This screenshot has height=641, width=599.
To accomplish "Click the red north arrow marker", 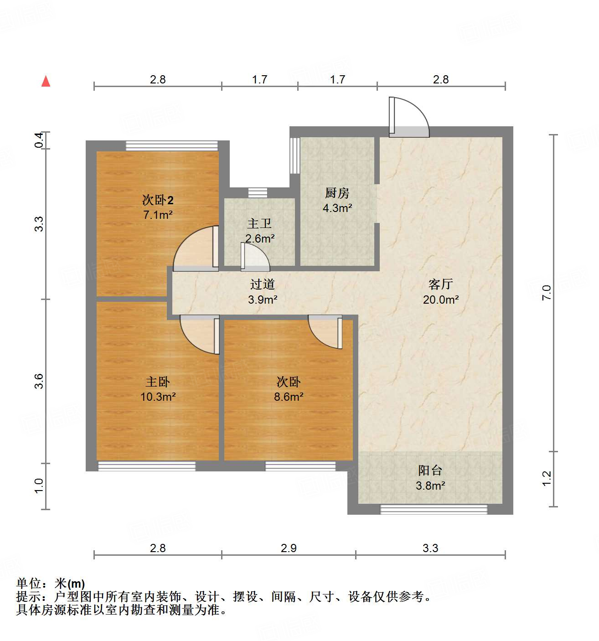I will click(46, 81).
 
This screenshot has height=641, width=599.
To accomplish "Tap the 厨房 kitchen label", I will click(337, 193).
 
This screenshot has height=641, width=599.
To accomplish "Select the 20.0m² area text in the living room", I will click(440, 300).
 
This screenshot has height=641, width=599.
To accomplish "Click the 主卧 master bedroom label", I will click(158, 382).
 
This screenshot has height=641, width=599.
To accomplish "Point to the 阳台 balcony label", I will click(430, 470).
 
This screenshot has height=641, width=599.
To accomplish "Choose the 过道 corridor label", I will click(263, 284).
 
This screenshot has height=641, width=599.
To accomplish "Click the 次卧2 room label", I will click(158, 200).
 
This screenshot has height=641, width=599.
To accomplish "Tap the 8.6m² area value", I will click(289, 397).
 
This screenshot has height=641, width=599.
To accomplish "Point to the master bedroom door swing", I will click(199, 334).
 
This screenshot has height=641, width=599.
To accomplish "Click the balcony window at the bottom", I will click(434, 509).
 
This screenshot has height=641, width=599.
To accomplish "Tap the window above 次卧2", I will click(172, 145).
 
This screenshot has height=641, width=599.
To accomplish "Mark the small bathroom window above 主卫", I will click(258, 192).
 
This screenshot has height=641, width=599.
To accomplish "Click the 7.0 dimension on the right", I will click(547, 292).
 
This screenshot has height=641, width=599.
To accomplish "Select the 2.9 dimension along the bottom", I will click(289, 548).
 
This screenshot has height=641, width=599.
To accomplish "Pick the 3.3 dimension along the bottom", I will click(430, 548).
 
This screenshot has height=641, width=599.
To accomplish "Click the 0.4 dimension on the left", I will click(39, 140).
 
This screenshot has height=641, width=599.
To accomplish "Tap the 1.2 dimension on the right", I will click(547, 478).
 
